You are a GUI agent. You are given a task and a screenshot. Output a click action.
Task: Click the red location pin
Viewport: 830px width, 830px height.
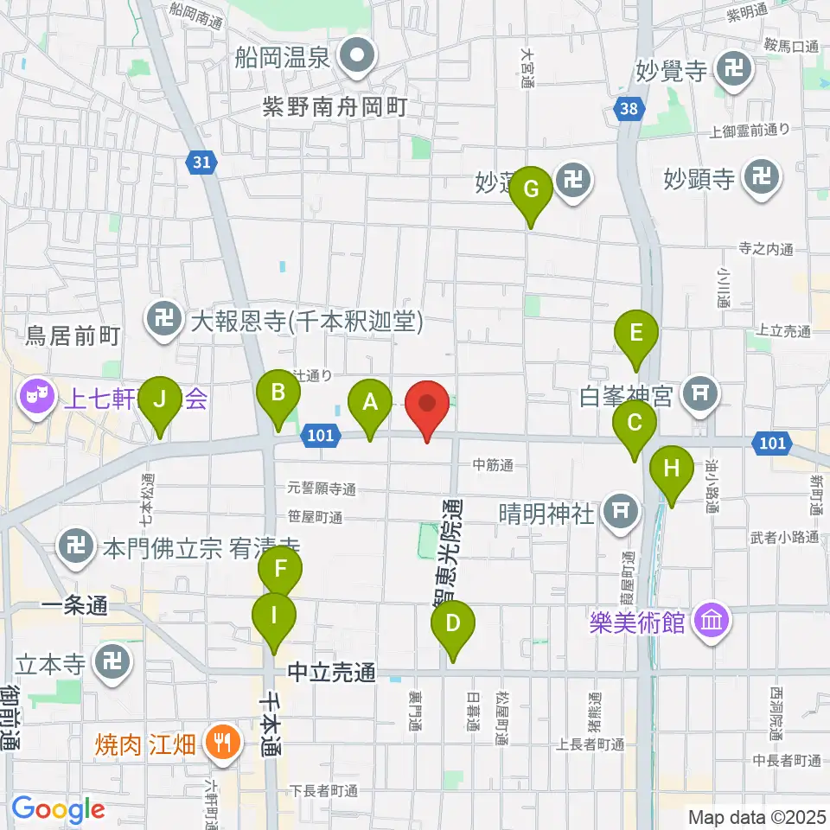(x=427, y=406)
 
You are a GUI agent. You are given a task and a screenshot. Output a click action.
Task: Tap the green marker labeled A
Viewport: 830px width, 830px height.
(x=369, y=405)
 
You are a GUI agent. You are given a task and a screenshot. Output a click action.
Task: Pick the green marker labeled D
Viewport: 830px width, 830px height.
(x=452, y=625)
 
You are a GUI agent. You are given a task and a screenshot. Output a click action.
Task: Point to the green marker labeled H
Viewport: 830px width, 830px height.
(x=671, y=471)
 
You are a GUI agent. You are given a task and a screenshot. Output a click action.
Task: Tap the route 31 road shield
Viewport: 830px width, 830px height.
(x=201, y=162)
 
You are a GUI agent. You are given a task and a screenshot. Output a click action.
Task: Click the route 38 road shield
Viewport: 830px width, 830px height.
(x=629, y=108)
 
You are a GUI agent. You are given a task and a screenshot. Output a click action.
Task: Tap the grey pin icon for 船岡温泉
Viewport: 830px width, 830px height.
(x=354, y=59)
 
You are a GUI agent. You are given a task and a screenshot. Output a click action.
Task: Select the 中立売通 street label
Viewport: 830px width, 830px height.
(x=332, y=671)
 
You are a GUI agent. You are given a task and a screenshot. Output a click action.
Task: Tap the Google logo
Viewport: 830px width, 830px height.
(x=58, y=809)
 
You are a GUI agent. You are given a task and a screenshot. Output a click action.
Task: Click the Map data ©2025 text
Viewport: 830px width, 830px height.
(x=757, y=815)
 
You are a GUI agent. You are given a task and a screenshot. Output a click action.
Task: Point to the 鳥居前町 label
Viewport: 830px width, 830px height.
(x=73, y=335)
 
